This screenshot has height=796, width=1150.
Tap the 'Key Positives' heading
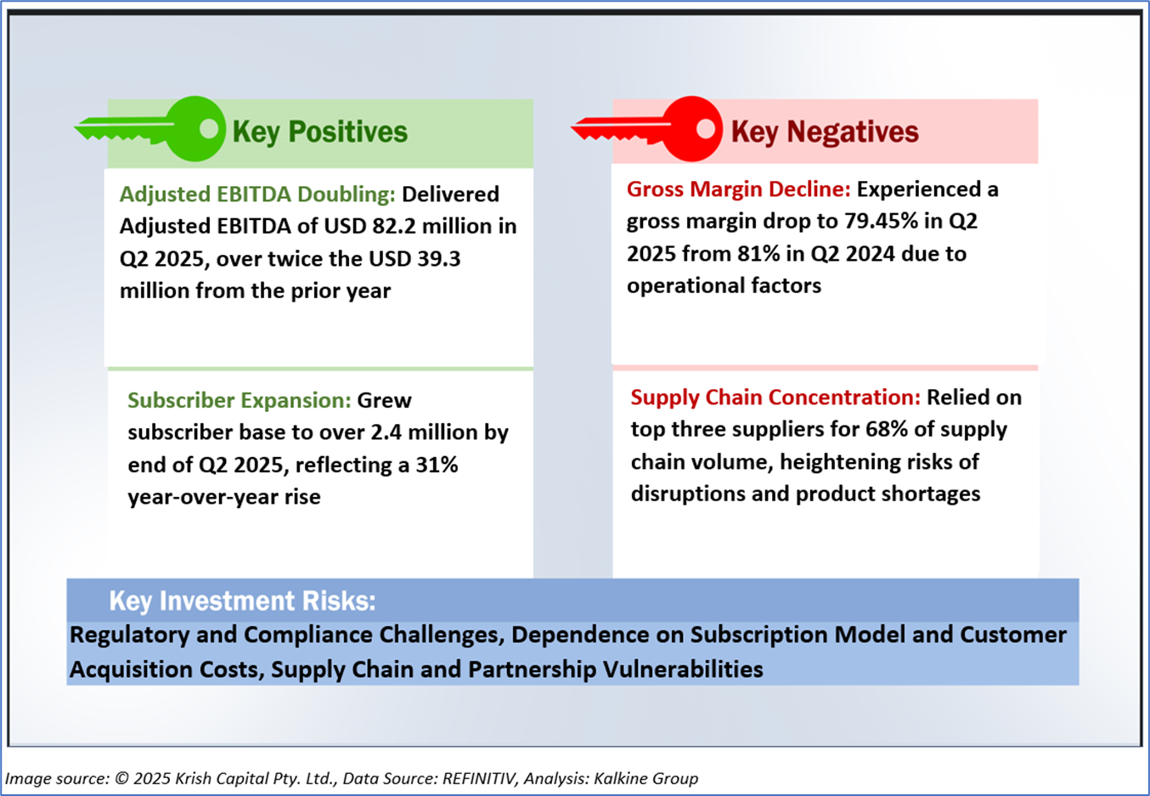[x=320, y=132]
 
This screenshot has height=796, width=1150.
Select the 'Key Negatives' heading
[x=825, y=132]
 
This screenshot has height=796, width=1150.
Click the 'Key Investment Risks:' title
[x=242, y=601]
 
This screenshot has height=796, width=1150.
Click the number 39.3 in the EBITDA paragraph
[x=439, y=259]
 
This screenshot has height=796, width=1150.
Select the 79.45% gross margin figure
[x=881, y=222]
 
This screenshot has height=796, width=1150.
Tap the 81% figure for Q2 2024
[x=758, y=254]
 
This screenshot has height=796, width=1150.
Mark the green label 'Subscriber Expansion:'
[x=240, y=401]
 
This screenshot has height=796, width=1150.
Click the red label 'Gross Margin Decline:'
[x=739, y=189]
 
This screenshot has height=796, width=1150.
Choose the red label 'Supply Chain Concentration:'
[x=775, y=398]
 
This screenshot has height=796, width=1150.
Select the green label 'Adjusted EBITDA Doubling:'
[x=257, y=195]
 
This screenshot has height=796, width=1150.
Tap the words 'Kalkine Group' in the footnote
[x=645, y=778]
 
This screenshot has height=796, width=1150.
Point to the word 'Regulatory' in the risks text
[x=130, y=635]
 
